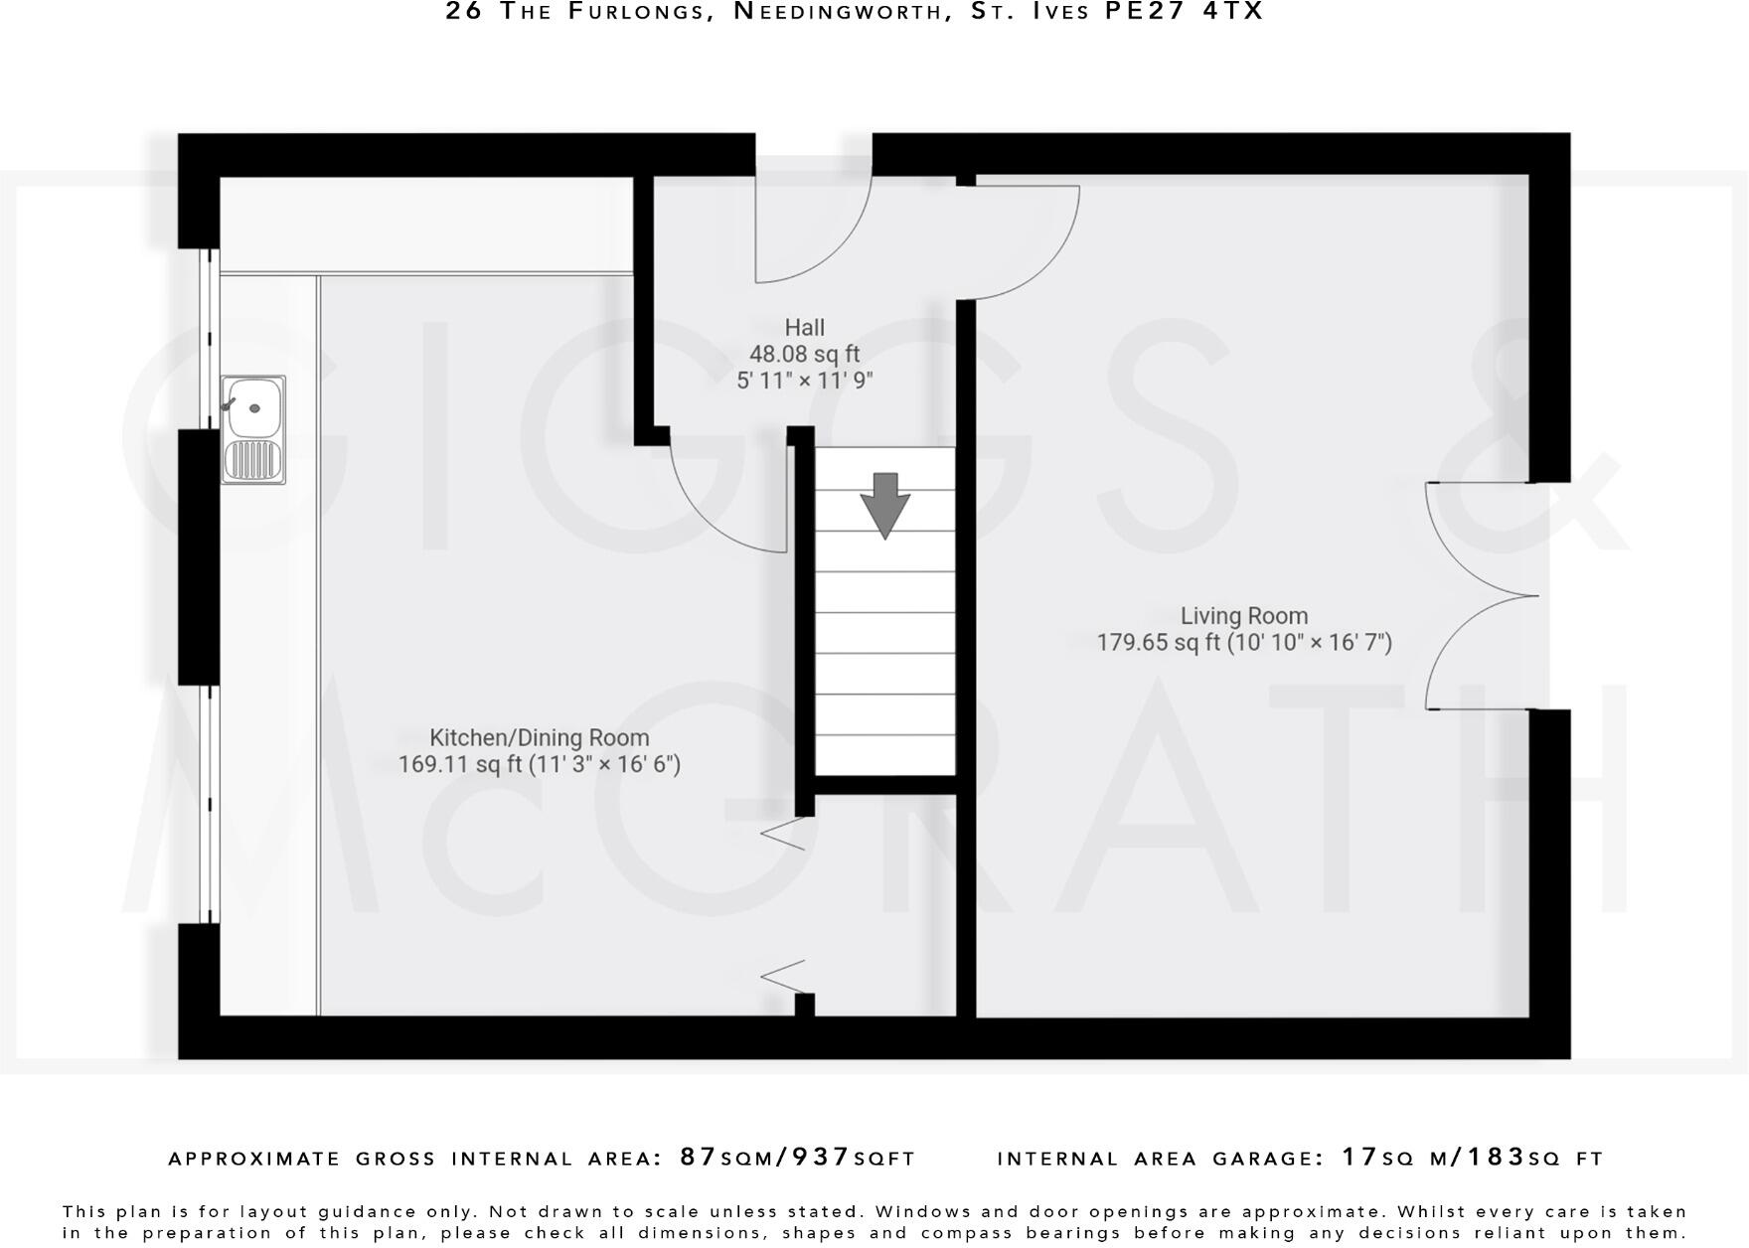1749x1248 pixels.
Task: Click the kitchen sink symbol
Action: pos(253,429)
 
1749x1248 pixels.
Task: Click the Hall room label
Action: pos(804,327)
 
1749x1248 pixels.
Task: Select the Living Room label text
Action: pos(1244,616)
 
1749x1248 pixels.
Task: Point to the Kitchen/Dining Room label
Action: pos(539,738)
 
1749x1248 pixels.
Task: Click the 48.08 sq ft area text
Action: pos(804,354)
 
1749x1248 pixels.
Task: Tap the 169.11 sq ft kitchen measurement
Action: pos(459,765)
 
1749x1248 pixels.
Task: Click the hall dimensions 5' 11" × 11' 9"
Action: pos(804,381)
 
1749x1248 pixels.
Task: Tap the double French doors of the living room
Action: pos(1481,596)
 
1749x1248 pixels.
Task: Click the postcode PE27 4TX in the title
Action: pos(1185,12)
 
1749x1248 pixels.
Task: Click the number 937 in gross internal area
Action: pos(821,1158)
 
